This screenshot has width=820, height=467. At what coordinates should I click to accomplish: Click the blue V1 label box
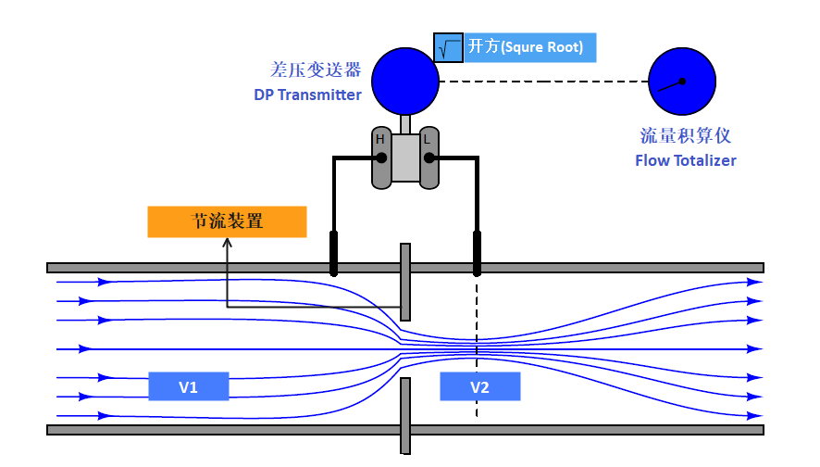(188, 386)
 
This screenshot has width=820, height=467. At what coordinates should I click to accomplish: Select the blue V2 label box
(479, 386)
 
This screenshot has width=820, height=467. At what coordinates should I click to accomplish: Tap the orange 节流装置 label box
(227, 221)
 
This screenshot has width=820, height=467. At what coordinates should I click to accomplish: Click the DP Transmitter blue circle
(405, 82)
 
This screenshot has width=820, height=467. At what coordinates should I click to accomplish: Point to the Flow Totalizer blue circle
(682, 82)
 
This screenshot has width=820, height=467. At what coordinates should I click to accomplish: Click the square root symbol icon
(448, 48)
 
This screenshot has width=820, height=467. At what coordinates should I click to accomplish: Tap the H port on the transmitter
(380, 157)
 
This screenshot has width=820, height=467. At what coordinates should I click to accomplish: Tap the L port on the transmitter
(429, 157)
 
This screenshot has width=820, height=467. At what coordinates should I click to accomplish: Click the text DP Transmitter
(307, 95)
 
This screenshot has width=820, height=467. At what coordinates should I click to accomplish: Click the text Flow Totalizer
(686, 160)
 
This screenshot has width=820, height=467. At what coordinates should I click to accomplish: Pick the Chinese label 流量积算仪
(686, 135)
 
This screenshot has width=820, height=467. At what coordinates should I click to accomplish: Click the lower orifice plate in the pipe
(404, 417)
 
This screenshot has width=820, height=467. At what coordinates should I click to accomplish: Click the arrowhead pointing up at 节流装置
(227, 243)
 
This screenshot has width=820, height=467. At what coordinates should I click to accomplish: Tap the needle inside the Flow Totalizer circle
(672, 85)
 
